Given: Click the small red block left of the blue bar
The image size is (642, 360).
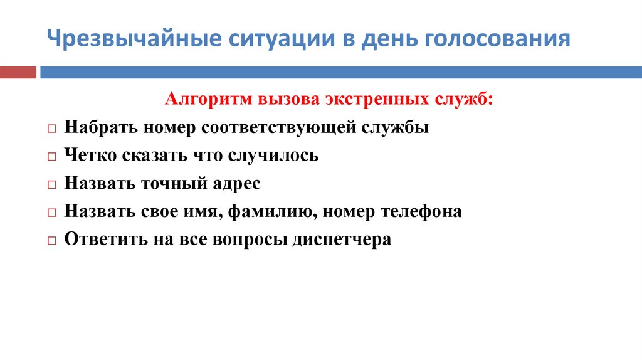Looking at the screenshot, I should coord(18,72).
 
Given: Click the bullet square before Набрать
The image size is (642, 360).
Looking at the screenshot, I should coord(51,128).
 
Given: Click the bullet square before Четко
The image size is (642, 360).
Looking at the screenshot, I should coord(51,156).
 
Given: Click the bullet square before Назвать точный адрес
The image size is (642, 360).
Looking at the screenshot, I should coord(51,185).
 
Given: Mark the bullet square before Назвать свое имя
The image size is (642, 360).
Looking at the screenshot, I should coord(51,213).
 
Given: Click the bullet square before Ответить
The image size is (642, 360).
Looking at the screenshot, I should coord(51,241).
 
